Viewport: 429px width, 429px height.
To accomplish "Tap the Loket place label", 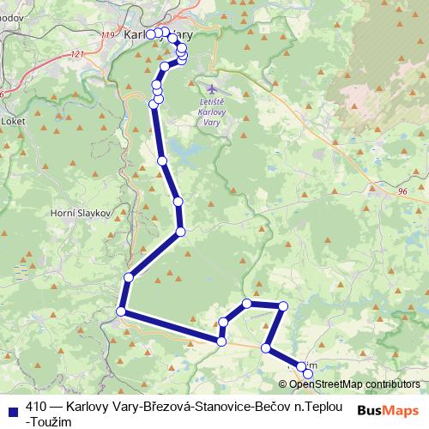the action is [15, 121].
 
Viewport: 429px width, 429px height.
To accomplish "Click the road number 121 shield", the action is [79, 53].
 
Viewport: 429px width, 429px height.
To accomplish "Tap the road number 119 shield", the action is [107, 34].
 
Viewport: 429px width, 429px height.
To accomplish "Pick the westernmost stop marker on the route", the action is [121, 311].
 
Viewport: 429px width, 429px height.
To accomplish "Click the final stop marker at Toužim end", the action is [309, 373].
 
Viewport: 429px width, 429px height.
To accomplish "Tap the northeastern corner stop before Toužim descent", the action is [282, 306].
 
